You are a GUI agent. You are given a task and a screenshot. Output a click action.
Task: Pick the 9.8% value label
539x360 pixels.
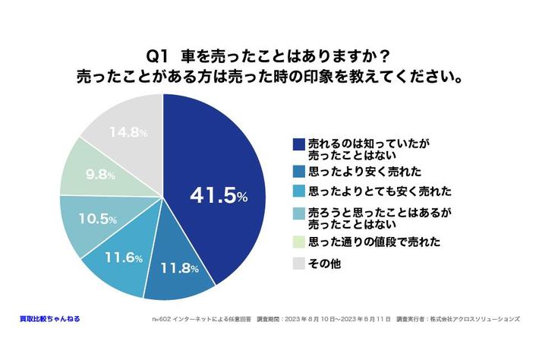coord(100,175)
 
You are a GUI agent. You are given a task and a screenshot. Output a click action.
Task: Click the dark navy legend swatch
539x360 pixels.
coord(298,143)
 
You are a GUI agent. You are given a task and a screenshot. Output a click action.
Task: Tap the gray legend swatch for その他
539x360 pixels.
coord(298,263)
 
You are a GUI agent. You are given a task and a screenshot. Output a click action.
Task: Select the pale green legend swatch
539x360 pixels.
coord(298,242)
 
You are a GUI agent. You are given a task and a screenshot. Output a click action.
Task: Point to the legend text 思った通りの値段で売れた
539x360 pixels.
coord(364,242)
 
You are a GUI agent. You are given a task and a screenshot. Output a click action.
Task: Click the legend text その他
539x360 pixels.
coord(324,263)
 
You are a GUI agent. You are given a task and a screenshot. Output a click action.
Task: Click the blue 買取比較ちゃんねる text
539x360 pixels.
coord(49,319)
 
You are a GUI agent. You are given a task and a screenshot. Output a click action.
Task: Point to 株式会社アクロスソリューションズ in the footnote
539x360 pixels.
coord(478,320)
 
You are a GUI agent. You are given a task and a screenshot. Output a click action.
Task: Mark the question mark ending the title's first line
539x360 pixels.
coord(387,56)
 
